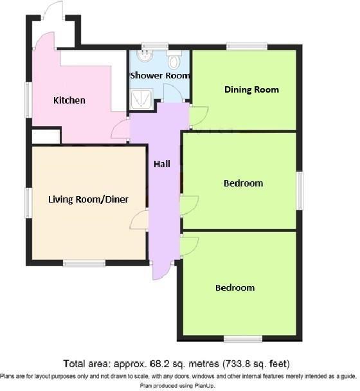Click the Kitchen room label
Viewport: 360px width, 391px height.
coord(69,100)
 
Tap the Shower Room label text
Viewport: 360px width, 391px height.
coord(160,75)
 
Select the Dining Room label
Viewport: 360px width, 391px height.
coord(251,89)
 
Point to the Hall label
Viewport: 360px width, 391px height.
coord(161,164)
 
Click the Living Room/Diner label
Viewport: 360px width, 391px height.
coord(88,199)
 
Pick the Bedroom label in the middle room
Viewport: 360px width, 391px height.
coord(243,183)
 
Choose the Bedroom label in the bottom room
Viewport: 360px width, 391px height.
coord(235,287)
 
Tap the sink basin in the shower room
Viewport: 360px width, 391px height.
coord(145,57)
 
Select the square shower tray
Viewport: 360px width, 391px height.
coord(139,98)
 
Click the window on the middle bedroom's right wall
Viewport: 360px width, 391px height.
coord(300,190)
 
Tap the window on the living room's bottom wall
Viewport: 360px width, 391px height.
coord(84,263)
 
